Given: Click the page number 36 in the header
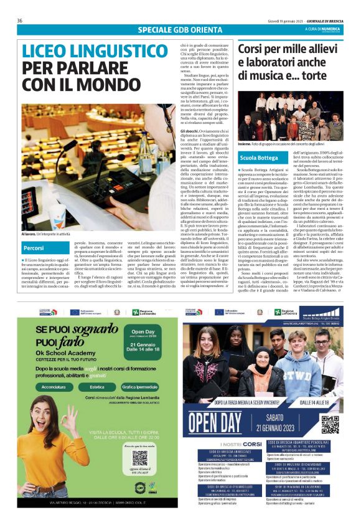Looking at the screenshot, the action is point(20,21).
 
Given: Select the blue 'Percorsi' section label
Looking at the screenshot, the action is point(34,248).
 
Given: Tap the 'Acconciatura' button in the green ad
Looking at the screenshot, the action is point(54,386).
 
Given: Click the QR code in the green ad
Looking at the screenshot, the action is point(140,458).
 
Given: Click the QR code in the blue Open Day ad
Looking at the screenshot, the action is point(330,424).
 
